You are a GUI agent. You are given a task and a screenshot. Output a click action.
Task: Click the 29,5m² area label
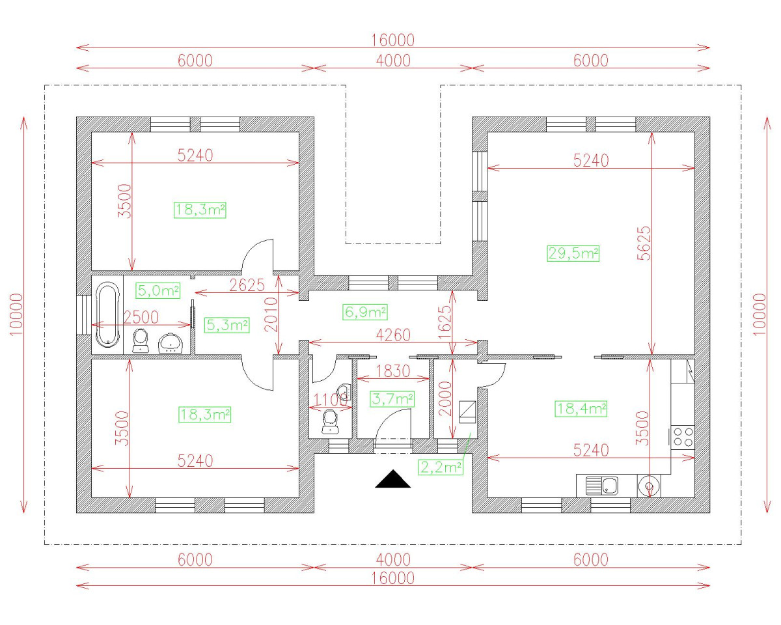tap(573, 253)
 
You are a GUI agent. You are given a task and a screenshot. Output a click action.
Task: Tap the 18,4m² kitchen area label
tap(581, 409)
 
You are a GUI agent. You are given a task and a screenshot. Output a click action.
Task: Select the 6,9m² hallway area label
tap(364, 312)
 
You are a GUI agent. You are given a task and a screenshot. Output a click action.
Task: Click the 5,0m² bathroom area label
tap(158, 290)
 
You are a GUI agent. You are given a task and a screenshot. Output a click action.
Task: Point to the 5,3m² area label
tap(226, 325)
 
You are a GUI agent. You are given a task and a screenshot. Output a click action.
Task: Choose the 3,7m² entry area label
tap(392, 398)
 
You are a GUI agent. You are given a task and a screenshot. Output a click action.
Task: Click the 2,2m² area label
tap(441, 467)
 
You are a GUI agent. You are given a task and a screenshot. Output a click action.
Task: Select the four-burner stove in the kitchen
tap(683, 436)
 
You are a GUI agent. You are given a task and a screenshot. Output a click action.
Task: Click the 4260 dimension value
tap(393, 335)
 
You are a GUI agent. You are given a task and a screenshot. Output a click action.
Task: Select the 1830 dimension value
tap(393, 372)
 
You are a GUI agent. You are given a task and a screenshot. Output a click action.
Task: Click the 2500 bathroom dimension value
tap(141, 317)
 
